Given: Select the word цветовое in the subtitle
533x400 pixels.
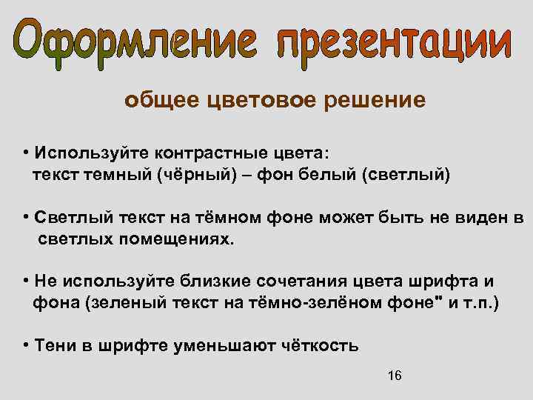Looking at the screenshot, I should point(263,100).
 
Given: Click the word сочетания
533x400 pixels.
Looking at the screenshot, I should point(303,282).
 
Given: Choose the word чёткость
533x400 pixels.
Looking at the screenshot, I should point(323,346).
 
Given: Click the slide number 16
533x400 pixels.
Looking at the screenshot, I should point(395,376).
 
